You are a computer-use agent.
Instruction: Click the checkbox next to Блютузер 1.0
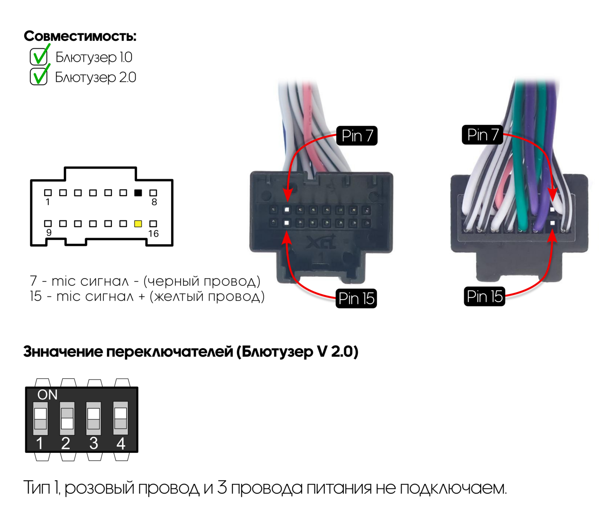click(x=39, y=57)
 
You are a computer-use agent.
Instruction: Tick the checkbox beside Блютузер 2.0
click(x=39, y=77)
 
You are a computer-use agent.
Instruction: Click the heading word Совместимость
click(x=80, y=36)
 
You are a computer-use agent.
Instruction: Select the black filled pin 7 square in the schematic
click(x=138, y=193)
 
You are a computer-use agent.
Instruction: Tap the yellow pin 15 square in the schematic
click(x=138, y=224)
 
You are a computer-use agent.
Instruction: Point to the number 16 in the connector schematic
click(x=153, y=234)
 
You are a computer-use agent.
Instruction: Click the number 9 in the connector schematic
click(x=49, y=233)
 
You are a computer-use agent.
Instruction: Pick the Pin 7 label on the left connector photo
click(x=357, y=136)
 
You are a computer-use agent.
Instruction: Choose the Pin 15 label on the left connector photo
click(x=356, y=299)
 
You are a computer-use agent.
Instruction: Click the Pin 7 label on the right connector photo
click(x=482, y=135)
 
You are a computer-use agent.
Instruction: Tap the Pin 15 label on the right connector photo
click(x=484, y=296)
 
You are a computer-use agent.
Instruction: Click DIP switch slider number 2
click(x=67, y=418)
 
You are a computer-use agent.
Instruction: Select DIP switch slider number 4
click(x=121, y=418)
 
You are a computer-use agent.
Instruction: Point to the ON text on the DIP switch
click(x=48, y=395)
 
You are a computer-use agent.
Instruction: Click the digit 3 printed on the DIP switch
click(x=94, y=444)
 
